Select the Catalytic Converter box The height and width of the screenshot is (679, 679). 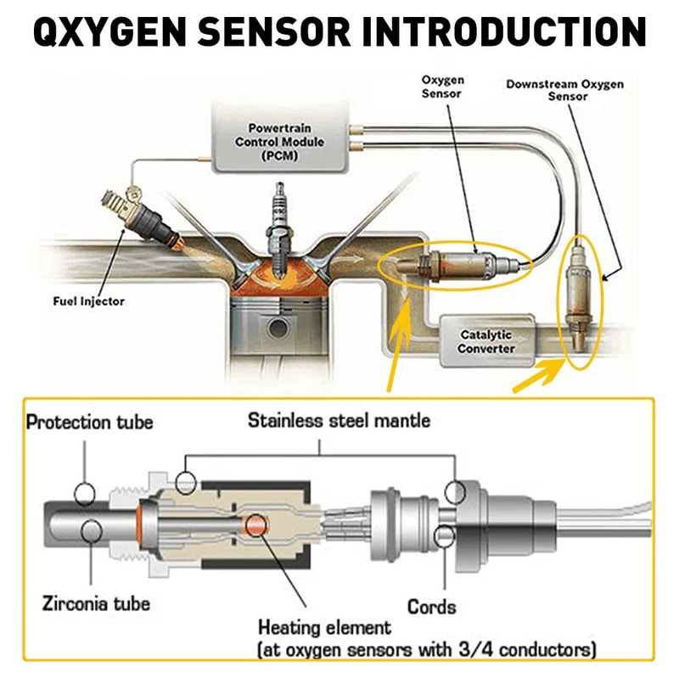tap(485, 342)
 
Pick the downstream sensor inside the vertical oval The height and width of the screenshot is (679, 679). tap(581, 301)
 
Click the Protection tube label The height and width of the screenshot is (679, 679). tap(89, 422)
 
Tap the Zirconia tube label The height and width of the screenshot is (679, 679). tap(96, 603)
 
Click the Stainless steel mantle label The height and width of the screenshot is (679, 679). tap(339, 420)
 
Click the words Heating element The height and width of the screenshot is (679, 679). tap(324, 628)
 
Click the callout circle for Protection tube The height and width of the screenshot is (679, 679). tap(85, 492)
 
